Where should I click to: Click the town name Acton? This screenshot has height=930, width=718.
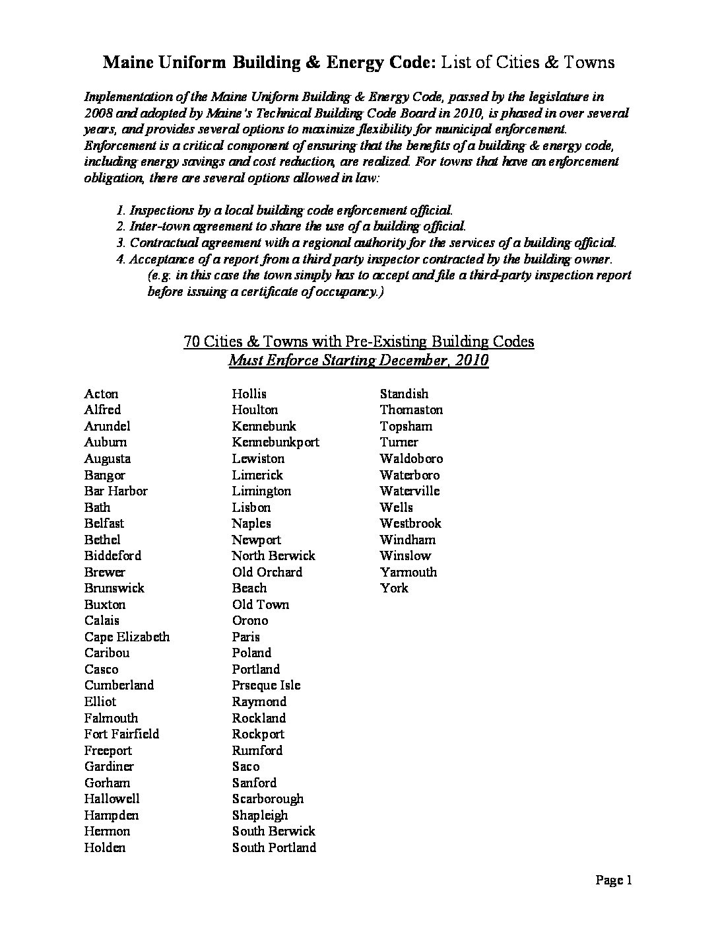101,394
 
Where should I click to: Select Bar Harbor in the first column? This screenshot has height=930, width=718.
115,491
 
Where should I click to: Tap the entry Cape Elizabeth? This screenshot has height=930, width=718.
127,637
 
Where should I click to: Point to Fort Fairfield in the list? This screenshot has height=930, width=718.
121,734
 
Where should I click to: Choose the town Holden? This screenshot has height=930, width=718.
104,847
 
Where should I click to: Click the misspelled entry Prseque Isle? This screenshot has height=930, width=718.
266,685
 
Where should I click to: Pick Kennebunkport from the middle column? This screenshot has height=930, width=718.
275,442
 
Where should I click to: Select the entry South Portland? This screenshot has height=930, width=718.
274,847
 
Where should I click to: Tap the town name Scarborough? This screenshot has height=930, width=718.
268,799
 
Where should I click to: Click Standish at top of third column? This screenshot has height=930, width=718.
404,394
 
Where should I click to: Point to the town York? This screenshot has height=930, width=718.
394,588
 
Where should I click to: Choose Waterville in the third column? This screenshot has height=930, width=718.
409,491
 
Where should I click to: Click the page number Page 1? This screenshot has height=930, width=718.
614,880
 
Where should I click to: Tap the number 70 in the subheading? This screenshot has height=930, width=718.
191,341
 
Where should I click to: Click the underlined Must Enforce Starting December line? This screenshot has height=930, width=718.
358,361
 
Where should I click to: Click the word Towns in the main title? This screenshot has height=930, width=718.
589,62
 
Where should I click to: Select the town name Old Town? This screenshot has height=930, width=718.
260,604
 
